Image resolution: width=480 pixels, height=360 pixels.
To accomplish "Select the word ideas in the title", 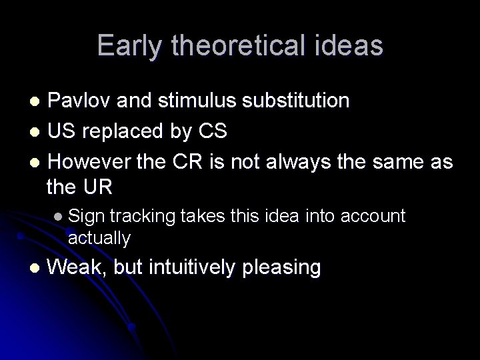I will [350, 45].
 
